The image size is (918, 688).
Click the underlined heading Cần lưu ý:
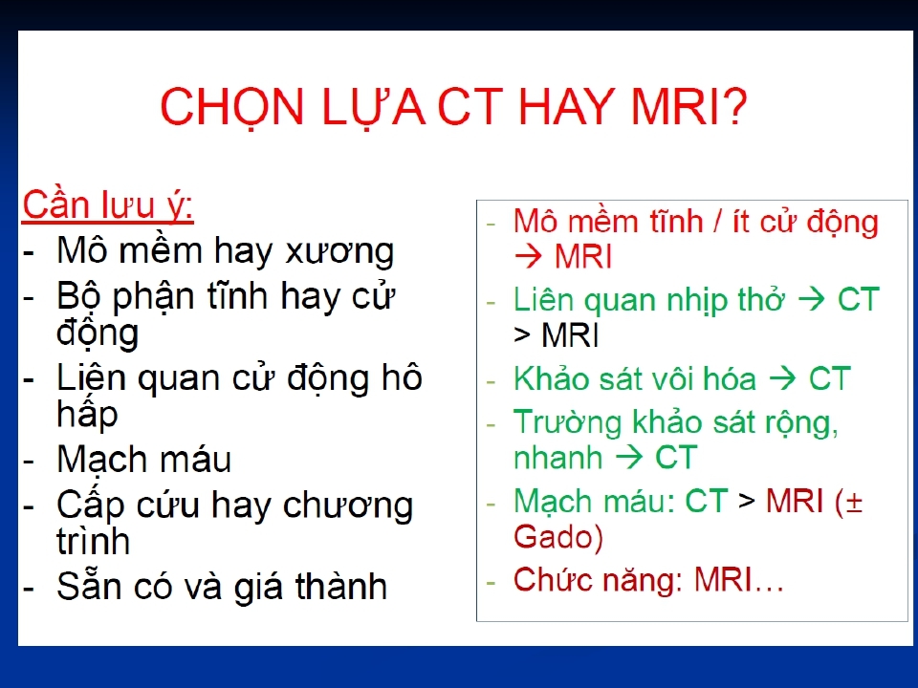coord(108,206)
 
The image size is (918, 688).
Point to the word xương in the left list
coord(339,252)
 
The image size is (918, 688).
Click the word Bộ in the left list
coord(79,296)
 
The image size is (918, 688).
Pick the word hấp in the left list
coord(87,414)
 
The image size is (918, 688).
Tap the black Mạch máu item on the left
coord(144,460)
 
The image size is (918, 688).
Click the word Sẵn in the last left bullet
coord(91,585)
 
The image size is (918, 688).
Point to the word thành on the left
coord(340,586)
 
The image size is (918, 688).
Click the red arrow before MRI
coord(528,257)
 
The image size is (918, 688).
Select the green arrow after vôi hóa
coord(783,378)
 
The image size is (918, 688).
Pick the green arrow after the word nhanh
coord(629,457)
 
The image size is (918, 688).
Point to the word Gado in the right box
coord(554,537)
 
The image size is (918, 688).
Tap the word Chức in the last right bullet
coord(554,579)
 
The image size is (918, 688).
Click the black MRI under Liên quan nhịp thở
coord(570,335)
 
